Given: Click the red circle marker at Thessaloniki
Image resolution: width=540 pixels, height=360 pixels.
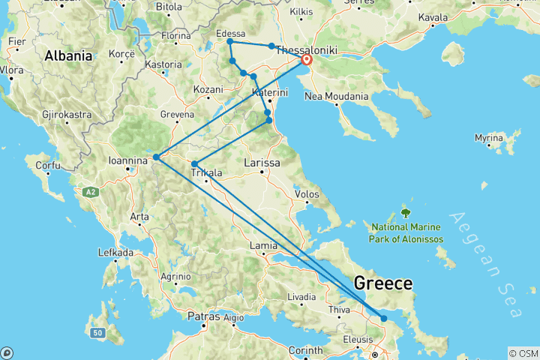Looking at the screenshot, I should [x=307, y=60].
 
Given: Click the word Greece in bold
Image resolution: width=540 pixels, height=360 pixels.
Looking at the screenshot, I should [x=382, y=283].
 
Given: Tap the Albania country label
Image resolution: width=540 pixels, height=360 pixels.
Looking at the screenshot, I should [x=68, y=55].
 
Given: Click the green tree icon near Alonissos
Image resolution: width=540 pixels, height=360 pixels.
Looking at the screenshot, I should [x=406, y=212].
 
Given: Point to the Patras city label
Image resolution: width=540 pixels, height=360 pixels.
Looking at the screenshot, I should [x=204, y=316].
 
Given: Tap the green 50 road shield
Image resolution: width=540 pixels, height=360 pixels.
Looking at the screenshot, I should [x=97, y=332].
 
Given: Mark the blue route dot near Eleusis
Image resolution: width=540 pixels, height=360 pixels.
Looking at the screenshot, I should [x=384, y=319].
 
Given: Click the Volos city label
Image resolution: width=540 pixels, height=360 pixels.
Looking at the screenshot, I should [x=308, y=194].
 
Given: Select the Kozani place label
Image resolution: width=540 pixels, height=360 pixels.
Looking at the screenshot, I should [x=208, y=89].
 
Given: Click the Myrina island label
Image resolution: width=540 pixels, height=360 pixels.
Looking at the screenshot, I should [x=490, y=138].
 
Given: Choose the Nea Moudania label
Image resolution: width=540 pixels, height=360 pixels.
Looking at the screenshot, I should [x=335, y=96].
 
